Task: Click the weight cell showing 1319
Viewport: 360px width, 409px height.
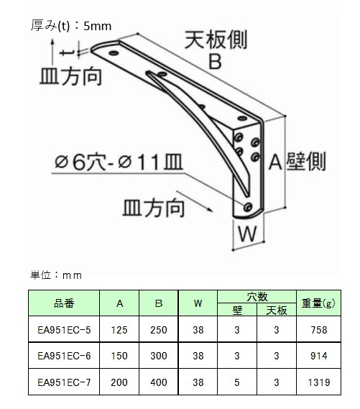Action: pos(318,382)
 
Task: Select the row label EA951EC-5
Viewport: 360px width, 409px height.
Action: pos(64,330)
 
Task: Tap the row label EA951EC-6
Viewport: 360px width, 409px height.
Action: pos(64,356)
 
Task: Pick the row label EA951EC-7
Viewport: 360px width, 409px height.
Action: pos(64,382)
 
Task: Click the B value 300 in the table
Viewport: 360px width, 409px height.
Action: pos(159,356)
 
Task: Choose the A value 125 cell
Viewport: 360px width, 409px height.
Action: pos(119,330)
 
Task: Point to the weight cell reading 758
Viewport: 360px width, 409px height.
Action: pos(318,330)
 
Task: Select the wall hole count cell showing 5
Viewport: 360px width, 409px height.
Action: pos(236,382)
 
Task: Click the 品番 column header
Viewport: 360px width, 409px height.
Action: pos(64,303)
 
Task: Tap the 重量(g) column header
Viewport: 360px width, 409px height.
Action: pos(318,303)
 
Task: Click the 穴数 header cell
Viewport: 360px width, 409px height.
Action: pos(257,297)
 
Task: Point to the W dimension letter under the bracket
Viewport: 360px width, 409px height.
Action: pos(247,234)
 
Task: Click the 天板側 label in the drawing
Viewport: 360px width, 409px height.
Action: pos(216,40)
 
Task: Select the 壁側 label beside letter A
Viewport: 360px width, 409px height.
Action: pos(306,162)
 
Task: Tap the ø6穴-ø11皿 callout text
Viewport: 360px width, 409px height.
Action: pos(119,162)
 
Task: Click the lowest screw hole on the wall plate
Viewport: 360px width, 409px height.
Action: pos(248,206)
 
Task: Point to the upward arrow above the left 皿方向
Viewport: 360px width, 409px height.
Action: pos(52,51)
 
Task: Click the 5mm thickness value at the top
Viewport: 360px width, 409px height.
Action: pos(98,26)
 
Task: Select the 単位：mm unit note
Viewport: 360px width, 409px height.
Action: pos(56,275)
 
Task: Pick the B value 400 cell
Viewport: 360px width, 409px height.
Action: pos(159,382)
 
